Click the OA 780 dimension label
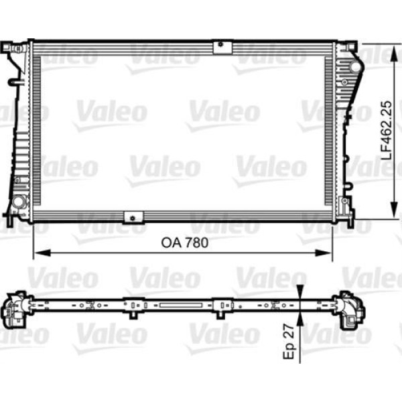click(x=183, y=243)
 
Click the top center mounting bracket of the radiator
click(x=220, y=46)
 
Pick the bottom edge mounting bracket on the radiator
click(x=134, y=216)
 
